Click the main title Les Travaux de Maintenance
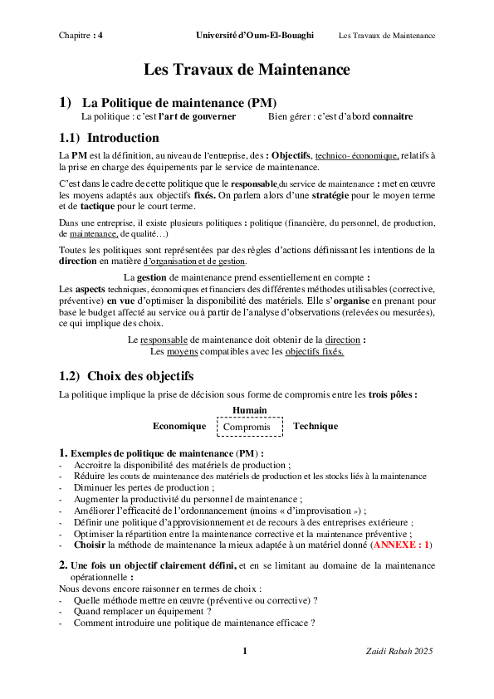pyautogui.click(x=247, y=70)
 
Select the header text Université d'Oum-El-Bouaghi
pyautogui.click(x=255, y=35)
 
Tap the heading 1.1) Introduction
pyautogui.click(x=110, y=138)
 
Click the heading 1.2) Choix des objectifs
pyautogui.click(x=126, y=376)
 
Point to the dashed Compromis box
pyautogui.click(x=249, y=427)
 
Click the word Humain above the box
pyautogui.click(x=250, y=410)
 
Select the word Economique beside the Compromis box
pyautogui.click(x=179, y=426)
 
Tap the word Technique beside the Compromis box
pyautogui.click(x=315, y=426)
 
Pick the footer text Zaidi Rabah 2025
pyautogui.click(x=400, y=651)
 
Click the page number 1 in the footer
pyautogui.click(x=245, y=651)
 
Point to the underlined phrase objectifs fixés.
pyautogui.click(x=315, y=352)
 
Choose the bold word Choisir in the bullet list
pyautogui.click(x=89, y=545)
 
